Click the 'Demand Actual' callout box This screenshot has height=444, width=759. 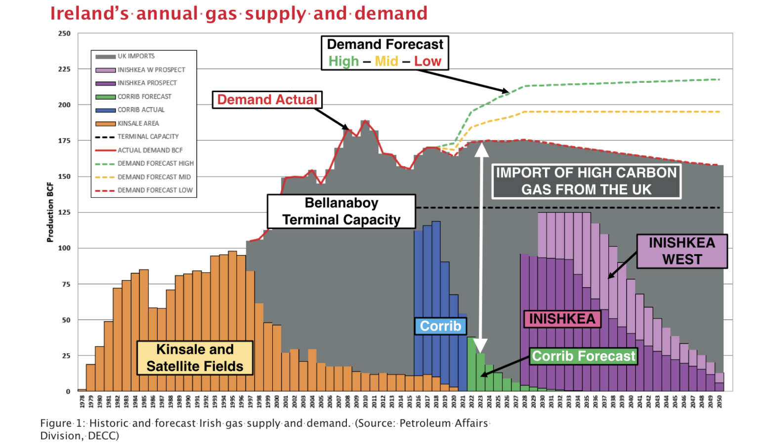[267, 100]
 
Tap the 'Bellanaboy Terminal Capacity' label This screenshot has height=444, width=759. [341, 211]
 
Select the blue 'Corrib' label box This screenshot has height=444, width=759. [440, 326]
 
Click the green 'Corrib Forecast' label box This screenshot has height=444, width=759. [584, 356]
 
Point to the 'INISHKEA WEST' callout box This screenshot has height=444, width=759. [682, 251]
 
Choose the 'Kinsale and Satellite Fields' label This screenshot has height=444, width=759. [195, 358]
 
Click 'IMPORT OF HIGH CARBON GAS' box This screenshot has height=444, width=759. [586, 181]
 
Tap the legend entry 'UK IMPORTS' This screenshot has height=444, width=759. [136, 56]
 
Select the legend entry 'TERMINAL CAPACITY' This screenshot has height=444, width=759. [148, 137]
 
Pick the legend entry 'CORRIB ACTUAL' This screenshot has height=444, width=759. [141, 110]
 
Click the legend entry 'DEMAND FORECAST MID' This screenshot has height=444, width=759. [154, 177]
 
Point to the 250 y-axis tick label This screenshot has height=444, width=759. [64, 34]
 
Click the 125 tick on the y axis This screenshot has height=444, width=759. [64, 212]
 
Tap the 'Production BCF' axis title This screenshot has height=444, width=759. [50, 212]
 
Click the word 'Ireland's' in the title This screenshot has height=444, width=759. [89, 13]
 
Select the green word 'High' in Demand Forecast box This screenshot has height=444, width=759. [343, 61]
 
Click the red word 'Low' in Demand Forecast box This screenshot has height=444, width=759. [427, 61]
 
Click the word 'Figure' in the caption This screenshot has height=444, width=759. [56, 423]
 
